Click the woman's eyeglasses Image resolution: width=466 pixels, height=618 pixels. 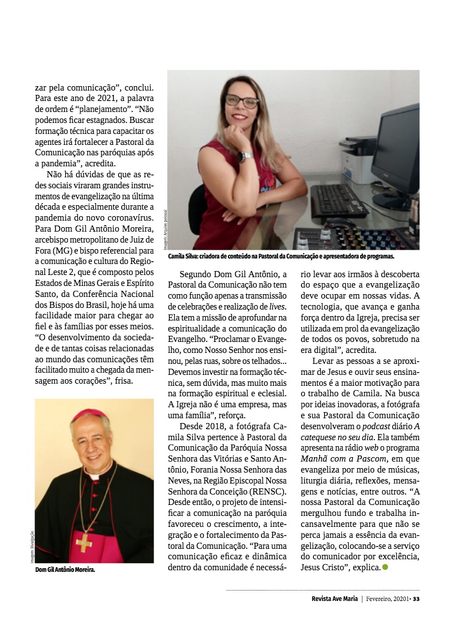[x=242, y=101]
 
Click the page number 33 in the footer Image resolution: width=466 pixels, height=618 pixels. [x=416, y=598]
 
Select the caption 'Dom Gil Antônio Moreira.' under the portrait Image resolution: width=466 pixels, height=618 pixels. [x=65, y=570]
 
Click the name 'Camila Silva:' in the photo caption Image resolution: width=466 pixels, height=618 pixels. [x=184, y=256]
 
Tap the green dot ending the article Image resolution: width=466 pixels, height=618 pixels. [x=385, y=566]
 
